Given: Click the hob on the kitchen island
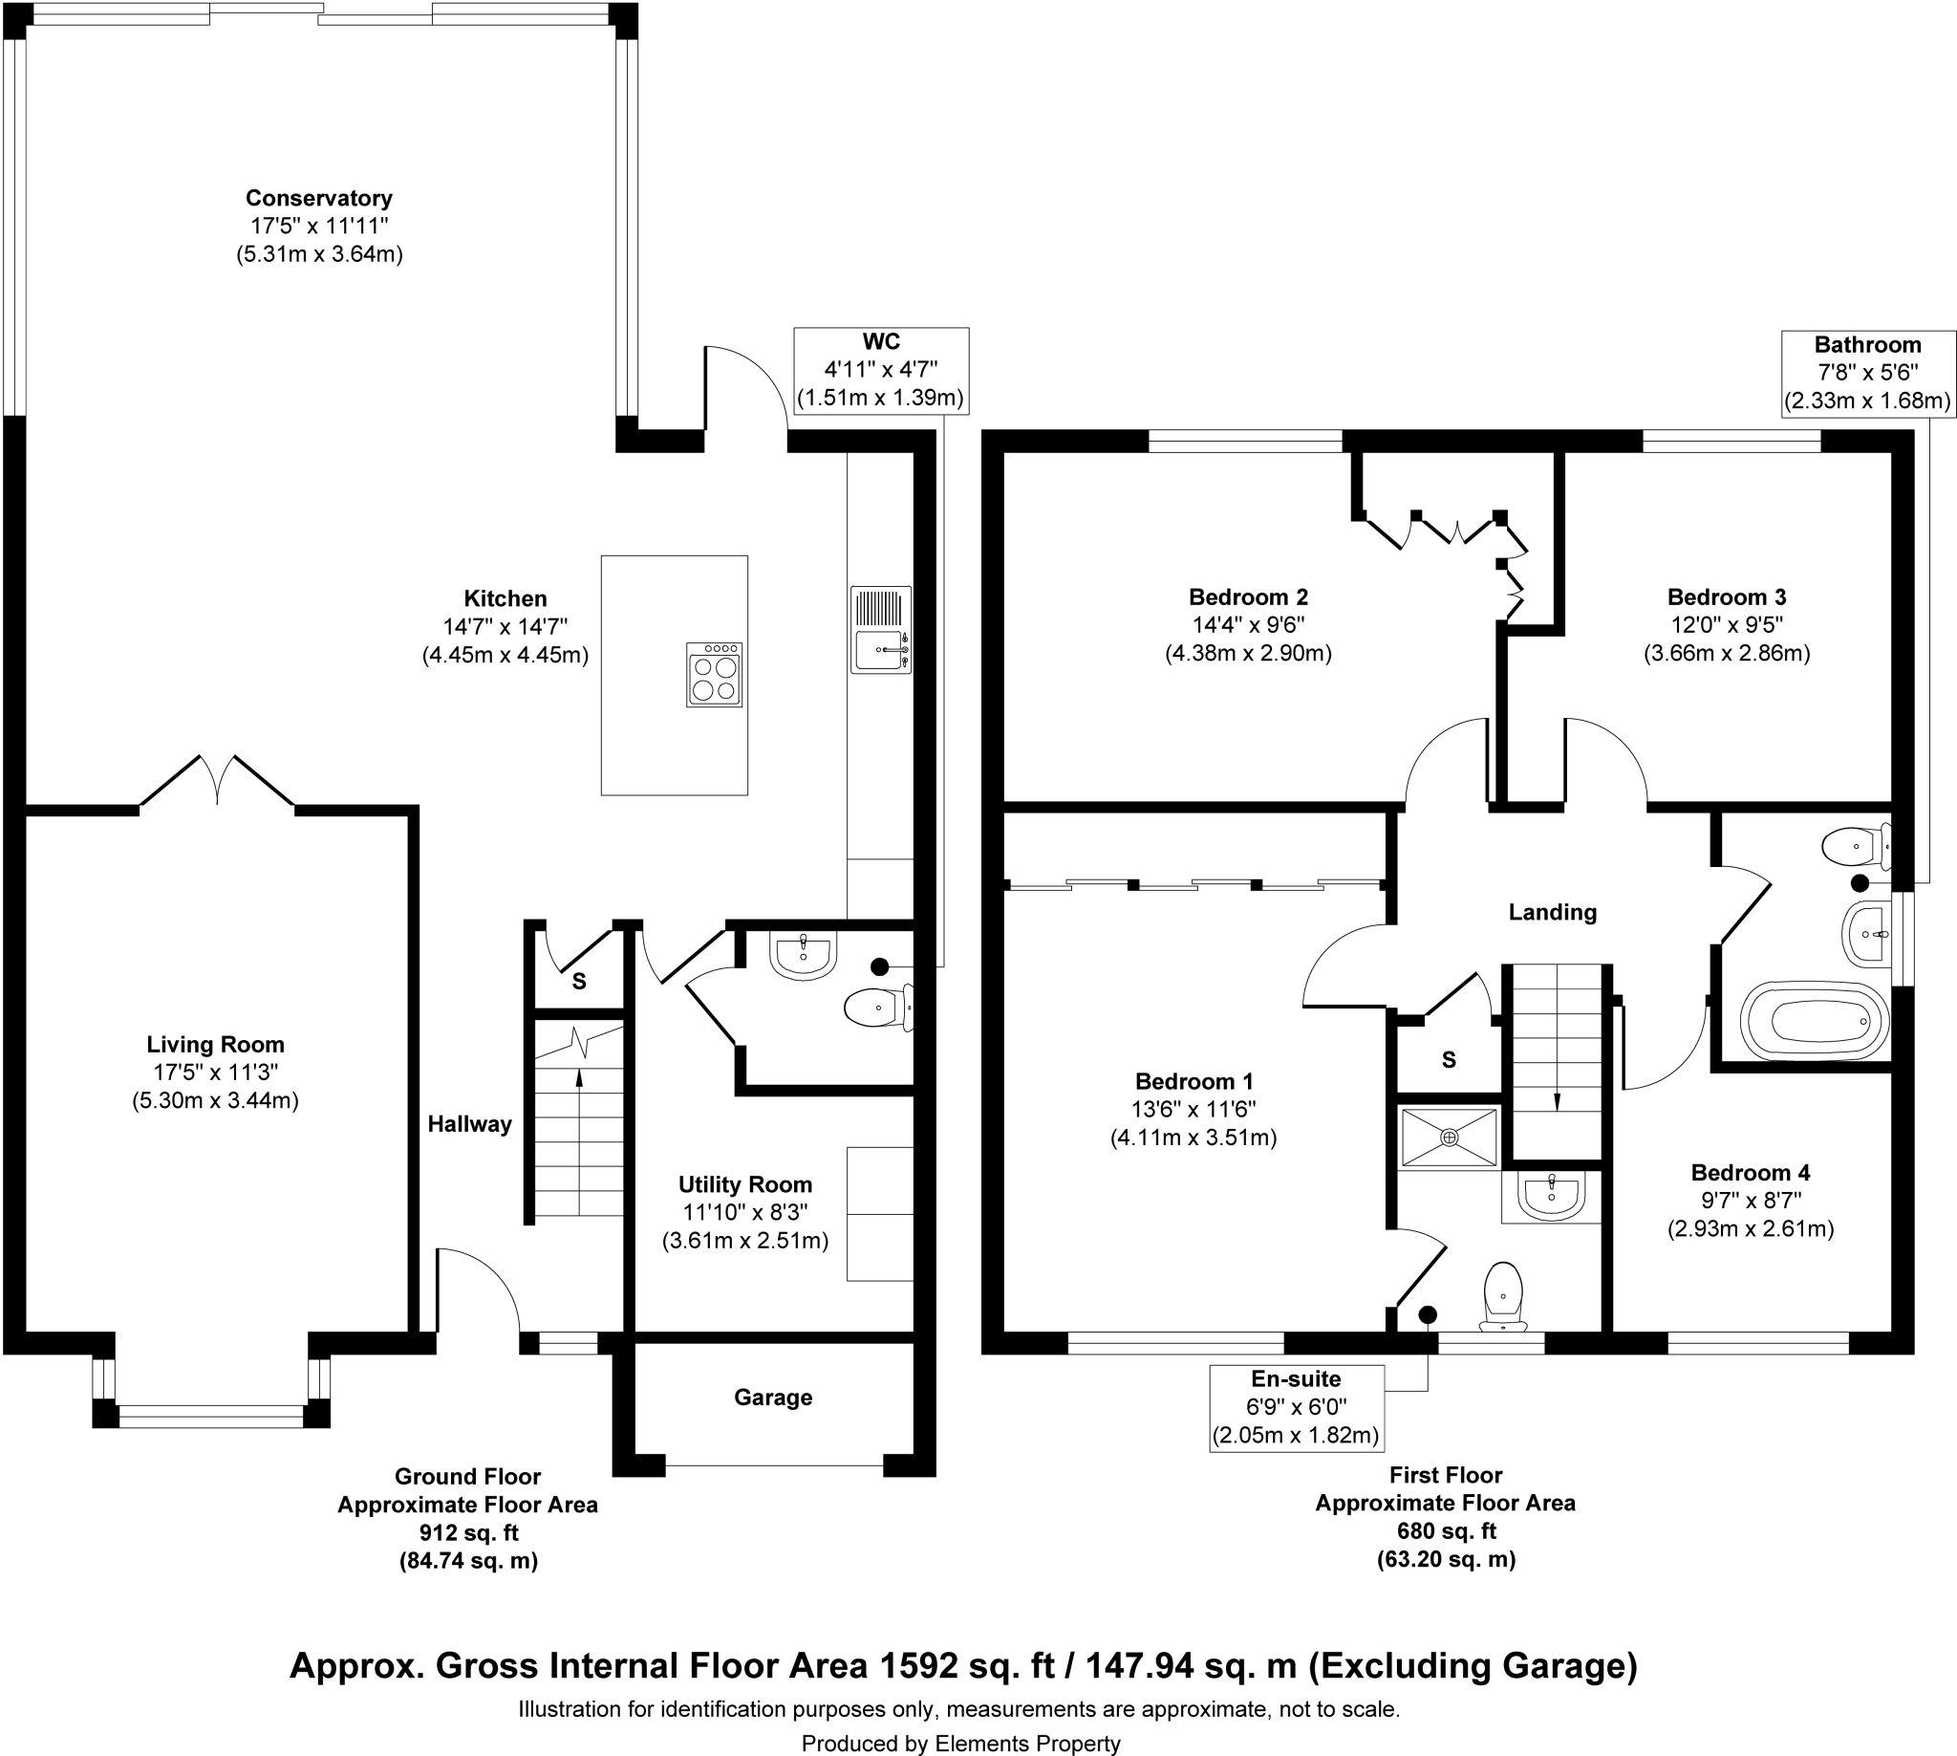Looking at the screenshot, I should pyautogui.click(x=714, y=675).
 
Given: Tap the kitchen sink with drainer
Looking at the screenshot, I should pyautogui.click(x=881, y=629).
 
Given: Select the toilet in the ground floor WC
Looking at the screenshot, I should pyautogui.click(x=877, y=1009).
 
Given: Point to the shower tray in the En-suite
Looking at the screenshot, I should pyautogui.click(x=1449, y=1138).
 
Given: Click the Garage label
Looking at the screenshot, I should pyautogui.click(x=773, y=1398).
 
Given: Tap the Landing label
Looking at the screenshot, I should pyautogui.click(x=1552, y=912).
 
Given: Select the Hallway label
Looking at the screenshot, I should pyautogui.click(x=470, y=1123).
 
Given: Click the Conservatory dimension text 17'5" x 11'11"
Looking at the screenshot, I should pyautogui.click(x=319, y=226).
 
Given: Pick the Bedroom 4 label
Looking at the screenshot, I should pyautogui.click(x=1750, y=1172).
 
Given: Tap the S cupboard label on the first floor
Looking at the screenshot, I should pyautogui.click(x=1448, y=1060).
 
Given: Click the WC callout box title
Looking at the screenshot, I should pyautogui.click(x=881, y=341).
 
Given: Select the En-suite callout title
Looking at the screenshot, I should pyautogui.click(x=1296, y=1378).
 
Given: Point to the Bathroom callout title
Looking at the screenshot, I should pyautogui.click(x=1867, y=344).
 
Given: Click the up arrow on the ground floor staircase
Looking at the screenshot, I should pyautogui.click(x=579, y=1080).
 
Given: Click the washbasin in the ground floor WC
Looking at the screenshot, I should pyautogui.click(x=803, y=955).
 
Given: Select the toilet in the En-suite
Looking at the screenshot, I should pyautogui.click(x=1503, y=1294).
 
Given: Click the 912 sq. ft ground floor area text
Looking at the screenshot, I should pyautogui.click(x=468, y=1532).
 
